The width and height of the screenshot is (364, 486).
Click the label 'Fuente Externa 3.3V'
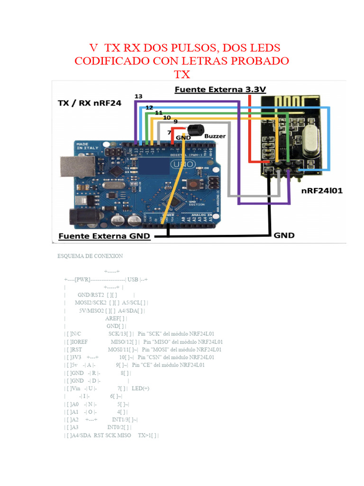(220, 89)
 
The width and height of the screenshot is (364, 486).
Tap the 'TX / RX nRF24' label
(89, 103)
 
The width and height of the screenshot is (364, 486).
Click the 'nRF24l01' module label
(322, 191)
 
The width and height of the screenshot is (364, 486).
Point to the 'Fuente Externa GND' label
(104, 236)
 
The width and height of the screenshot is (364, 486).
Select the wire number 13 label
(138, 96)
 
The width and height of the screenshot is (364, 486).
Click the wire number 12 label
(149, 108)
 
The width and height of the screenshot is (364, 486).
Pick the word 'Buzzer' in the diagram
(215, 136)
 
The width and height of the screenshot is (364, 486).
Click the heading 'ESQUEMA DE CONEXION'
(90, 256)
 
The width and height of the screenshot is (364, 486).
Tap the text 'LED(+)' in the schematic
(141, 388)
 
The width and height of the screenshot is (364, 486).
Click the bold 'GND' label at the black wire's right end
(284, 235)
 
